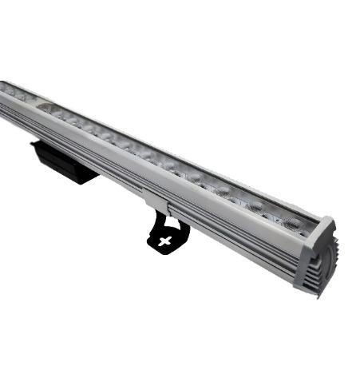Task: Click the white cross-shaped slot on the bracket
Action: point(165,239)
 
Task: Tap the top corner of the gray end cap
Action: point(328,217)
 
